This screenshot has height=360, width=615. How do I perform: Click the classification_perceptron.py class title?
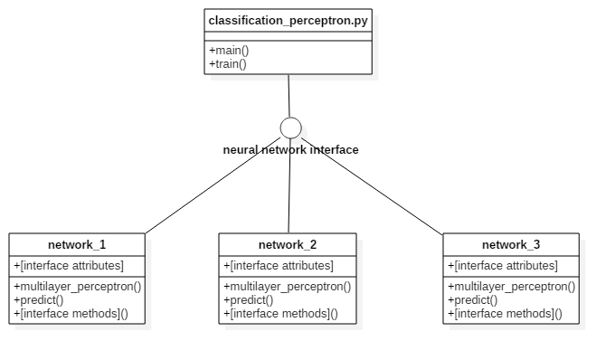[287, 20]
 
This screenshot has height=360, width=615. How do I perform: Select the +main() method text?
[228, 50]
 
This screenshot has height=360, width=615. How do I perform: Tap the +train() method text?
[228, 64]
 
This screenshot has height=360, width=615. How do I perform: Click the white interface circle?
[291, 128]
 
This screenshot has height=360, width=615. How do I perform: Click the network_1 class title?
[77, 244]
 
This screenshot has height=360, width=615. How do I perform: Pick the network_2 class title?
[288, 244]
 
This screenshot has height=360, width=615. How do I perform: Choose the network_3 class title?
[511, 244]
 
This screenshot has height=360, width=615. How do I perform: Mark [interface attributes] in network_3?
[503, 265]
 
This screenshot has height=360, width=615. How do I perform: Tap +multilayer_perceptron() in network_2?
[288, 286]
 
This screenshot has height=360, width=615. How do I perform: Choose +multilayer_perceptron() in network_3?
[511, 286]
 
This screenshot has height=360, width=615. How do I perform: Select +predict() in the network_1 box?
[38, 299]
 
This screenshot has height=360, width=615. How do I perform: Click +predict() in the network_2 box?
[248, 299]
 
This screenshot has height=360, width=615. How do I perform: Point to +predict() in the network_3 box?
[472, 299]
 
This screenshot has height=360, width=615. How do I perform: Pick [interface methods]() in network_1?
[71, 314]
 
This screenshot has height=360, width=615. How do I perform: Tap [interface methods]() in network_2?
[280, 314]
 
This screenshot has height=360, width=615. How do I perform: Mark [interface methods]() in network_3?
[505, 314]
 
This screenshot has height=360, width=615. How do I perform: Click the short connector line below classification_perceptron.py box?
[289, 78]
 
